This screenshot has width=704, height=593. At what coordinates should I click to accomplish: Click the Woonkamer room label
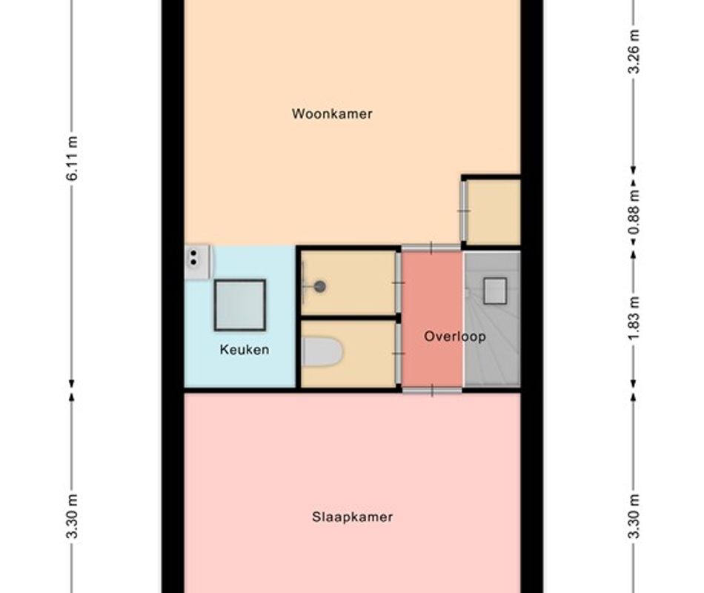coord(332,113)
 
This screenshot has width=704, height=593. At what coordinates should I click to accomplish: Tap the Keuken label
coord(245,350)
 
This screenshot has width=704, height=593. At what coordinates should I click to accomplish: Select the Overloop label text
coord(455,337)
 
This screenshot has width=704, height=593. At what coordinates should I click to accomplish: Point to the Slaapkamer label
coord(353,517)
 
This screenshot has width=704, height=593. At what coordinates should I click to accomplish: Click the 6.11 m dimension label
coord(72,158)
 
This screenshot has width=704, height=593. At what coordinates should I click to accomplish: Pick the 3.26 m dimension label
coord(634,50)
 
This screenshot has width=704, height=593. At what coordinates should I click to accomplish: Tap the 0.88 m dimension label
coord(634,211)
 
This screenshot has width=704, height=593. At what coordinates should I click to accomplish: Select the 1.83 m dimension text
coord(634,317)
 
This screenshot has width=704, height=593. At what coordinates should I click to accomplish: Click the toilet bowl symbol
coord(322,352)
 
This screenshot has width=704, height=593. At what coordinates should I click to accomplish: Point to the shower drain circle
coord(319,287)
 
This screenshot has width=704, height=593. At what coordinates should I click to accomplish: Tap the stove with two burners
coord(196,261)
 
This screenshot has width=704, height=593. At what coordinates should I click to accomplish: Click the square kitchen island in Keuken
coord(240,305)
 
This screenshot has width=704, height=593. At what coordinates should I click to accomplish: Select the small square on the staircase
coord(495,291)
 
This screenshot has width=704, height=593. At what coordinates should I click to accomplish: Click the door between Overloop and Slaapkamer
coord(432,391)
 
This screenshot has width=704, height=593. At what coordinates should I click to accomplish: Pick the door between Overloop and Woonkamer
coord(431,248)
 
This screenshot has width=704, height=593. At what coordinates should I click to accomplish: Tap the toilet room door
coord(398,354)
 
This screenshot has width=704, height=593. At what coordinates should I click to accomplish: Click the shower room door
coord(398,283)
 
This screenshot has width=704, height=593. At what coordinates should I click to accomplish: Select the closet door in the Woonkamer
coord(464,211)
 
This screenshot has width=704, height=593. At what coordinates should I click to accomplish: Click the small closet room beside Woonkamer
coord(494,211)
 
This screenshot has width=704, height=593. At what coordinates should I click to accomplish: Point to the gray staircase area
coord(492,319)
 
